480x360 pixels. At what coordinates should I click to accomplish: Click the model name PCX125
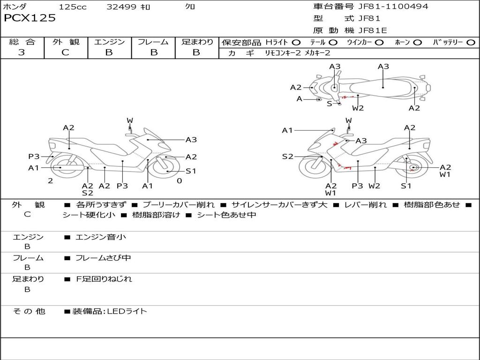30,18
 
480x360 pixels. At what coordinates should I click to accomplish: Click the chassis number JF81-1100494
387,7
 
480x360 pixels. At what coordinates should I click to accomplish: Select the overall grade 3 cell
22,52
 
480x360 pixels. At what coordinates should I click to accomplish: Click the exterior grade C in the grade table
65,52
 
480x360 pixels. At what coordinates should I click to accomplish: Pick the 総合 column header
22,42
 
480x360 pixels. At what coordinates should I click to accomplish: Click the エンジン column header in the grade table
109,42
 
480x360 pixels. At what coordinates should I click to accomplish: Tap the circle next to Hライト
296,43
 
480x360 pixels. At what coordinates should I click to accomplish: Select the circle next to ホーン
418,43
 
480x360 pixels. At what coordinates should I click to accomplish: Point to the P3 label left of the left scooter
34,157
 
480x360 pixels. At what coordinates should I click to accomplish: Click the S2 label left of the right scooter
287,157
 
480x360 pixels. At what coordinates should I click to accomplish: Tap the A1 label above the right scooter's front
287,130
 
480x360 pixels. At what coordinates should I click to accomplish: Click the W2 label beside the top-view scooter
358,108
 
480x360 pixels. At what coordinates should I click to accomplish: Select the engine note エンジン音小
101,237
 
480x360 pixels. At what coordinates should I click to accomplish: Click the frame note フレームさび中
103,258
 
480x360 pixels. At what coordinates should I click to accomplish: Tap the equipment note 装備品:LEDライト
109,311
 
